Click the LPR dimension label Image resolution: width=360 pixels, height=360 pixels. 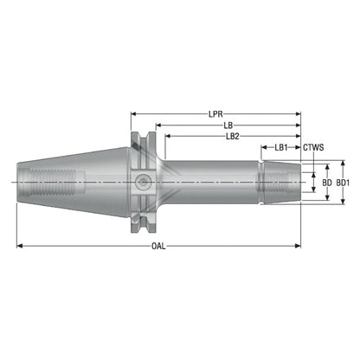pos(215,114)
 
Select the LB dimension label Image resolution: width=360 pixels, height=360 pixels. pos(228,125)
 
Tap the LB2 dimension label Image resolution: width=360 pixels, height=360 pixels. pos(233,137)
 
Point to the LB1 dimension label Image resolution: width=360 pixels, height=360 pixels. pos(281,148)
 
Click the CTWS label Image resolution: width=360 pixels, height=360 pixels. pos(313,148)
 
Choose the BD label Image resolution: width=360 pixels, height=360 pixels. pos(327,183)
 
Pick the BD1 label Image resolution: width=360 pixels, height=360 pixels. pos(343,183)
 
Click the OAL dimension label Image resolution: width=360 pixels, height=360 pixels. pos(158,246)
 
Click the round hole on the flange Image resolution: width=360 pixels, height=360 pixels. pos(143,183)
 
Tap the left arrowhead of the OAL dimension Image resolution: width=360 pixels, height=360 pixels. pos(19,246)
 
